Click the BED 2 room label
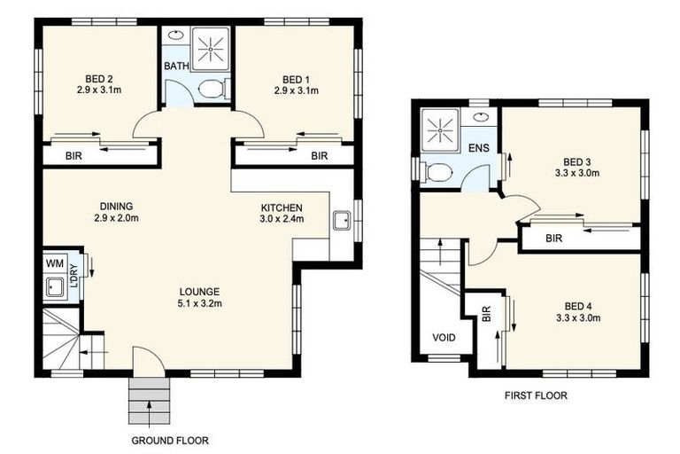[x=99, y=79]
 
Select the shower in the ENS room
[x=440, y=129]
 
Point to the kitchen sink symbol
[x=342, y=220]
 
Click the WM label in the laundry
[x=55, y=263]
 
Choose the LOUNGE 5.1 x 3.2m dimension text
[x=199, y=303]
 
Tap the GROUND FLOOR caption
[x=170, y=441]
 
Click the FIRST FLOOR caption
[x=536, y=395]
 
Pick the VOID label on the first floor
[x=444, y=337]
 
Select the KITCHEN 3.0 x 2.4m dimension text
[x=282, y=218]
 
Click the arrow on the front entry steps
[x=149, y=411]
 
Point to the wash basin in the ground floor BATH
[x=175, y=35]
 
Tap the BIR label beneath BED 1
[x=320, y=155]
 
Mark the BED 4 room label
[x=578, y=306]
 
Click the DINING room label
[x=116, y=207]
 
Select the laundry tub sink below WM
[x=55, y=286]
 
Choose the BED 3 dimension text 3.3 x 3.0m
[x=577, y=173]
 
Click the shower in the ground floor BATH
[x=211, y=49]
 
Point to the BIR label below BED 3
[x=553, y=238]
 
